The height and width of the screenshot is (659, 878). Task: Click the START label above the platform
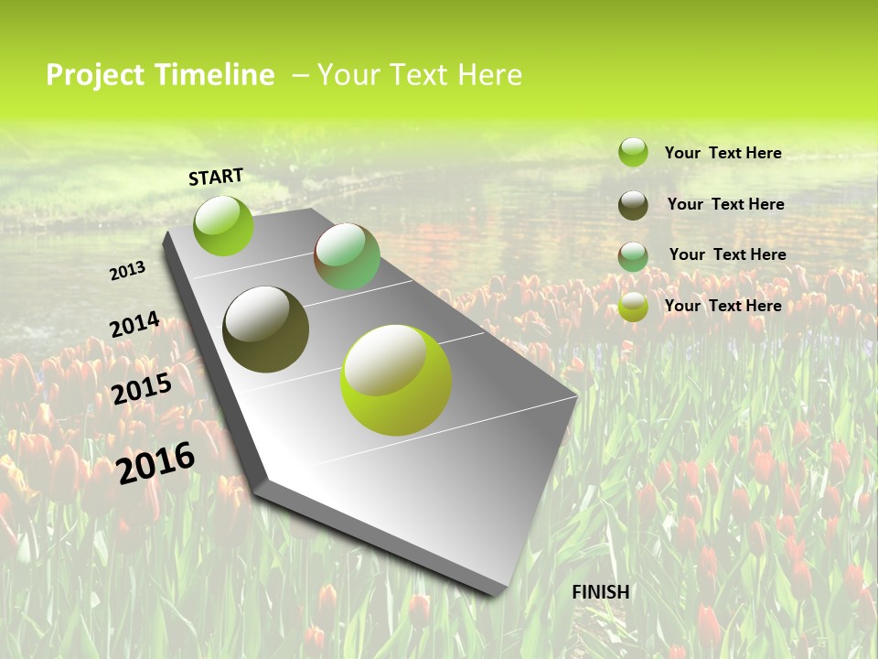pyautogui.click(x=216, y=177)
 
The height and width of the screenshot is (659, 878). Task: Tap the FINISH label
pyautogui.click(x=600, y=592)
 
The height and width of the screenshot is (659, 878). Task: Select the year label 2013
pyautogui.click(x=128, y=271)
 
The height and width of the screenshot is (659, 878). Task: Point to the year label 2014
pyautogui.click(x=134, y=325)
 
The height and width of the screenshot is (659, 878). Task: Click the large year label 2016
pyautogui.click(x=155, y=462)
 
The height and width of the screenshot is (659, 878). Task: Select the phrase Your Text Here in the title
pyautogui.click(x=420, y=75)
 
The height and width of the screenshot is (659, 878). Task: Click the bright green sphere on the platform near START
pyautogui.click(x=223, y=226)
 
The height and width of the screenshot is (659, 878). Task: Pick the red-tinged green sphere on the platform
pyautogui.click(x=347, y=256)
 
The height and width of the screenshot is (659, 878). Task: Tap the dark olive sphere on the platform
pyautogui.click(x=265, y=329)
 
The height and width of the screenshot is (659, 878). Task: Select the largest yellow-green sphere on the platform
pyautogui.click(x=395, y=380)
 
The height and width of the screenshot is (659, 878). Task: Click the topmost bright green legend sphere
pyautogui.click(x=633, y=152)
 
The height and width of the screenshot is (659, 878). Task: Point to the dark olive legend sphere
pyautogui.click(x=633, y=205)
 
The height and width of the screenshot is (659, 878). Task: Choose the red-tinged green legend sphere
pyautogui.click(x=633, y=256)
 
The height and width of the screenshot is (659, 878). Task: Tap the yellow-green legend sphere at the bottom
pyautogui.click(x=633, y=307)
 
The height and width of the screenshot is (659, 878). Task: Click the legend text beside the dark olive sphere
pyautogui.click(x=725, y=204)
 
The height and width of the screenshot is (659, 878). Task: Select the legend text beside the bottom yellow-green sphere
pyautogui.click(x=723, y=306)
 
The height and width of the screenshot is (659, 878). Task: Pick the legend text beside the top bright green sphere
pyautogui.click(x=723, y=153)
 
